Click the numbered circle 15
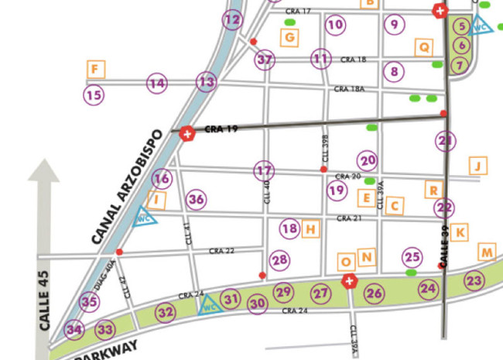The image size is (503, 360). click(x=94, y=96)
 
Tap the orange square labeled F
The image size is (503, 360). click(x=95, y=70)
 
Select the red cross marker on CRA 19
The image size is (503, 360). click(x=186, y=133)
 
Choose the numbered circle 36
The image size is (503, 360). click(x=197, y=200)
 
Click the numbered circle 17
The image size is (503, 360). click(x=264, y=170)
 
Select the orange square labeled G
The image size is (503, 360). click(x=289, y=37)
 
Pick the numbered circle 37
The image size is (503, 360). click(x=265, y=60)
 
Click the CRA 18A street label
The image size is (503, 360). click(x=349, y=90)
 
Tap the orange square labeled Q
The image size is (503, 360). click(x=424, y=47)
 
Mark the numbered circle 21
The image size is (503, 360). click(x=444, y=141)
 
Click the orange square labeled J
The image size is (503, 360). click(x=479, y=166)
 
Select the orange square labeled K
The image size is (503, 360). click(x=460, y=231)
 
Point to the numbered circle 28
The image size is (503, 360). click(x=279, y=260)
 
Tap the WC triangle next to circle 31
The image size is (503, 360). click(x=208, y=307)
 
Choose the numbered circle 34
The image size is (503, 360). click(x=74, y=330)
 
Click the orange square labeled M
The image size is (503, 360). click(x=486, y=252)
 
